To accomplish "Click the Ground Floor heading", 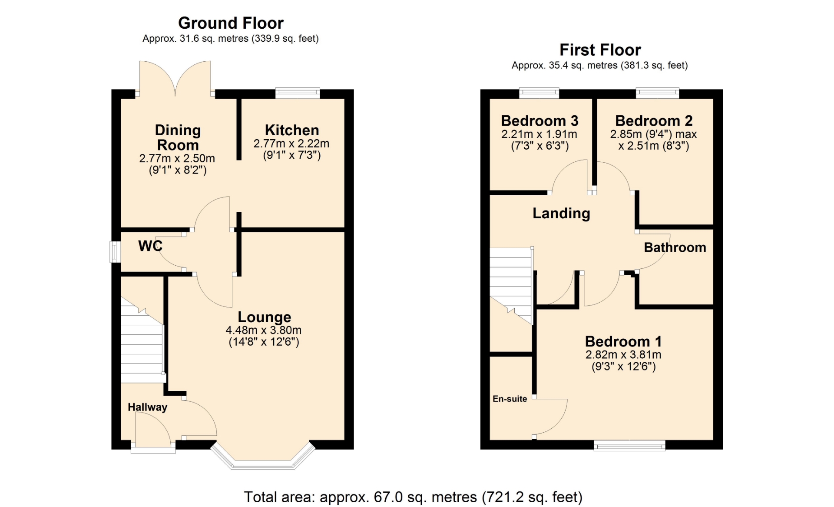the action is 231,23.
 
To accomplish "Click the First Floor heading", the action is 600,50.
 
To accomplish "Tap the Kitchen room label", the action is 292,130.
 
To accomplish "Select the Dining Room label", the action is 178,137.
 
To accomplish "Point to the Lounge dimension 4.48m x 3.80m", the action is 264,330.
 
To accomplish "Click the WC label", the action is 150,246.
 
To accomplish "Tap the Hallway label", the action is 147,407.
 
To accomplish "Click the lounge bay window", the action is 263,457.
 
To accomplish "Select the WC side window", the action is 115,252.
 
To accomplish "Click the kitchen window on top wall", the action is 298,93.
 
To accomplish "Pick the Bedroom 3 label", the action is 539,120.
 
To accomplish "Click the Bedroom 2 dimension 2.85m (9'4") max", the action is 653,134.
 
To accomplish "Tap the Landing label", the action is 561,213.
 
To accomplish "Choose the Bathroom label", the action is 675,247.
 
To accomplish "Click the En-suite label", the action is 510,399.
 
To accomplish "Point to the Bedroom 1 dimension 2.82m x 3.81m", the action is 623,355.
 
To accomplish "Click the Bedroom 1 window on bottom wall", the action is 629,445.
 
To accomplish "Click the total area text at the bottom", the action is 413,497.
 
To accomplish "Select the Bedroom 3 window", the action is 539,93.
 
